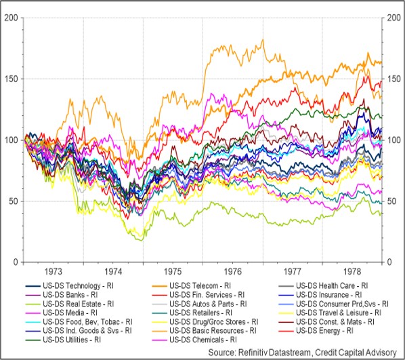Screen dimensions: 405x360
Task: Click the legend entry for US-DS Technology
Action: [x=78, y=286]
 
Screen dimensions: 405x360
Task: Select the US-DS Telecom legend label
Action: [x=200, y=286]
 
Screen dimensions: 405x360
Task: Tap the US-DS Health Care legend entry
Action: [x=332, y=286]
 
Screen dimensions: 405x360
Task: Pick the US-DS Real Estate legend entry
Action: [x=79, y=304]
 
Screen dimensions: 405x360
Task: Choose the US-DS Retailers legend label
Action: [x=200, y=313]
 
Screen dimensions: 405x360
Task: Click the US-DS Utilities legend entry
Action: [x=72, y=340]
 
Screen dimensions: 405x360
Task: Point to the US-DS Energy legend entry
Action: [x=324, y=331]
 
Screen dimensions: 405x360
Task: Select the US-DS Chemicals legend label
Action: [x=203, y=340]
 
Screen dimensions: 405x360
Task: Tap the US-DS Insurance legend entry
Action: [x=328, y=295]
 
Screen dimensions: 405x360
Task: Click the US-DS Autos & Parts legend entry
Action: [x=208, y=304]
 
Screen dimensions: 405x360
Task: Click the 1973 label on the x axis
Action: [x=54, y=272]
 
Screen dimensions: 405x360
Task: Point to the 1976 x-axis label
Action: [x=233, y=272]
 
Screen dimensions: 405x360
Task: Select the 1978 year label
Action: [x=352, y=272]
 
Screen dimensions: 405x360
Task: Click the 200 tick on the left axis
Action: [x=12, y=18]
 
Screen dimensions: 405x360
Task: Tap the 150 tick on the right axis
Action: [x=394, y=79]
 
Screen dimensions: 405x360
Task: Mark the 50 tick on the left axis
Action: [x=14, y=201]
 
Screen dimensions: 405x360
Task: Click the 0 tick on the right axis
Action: [x=389, y=262]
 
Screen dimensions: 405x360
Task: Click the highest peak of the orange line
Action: [x=263, y=39]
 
